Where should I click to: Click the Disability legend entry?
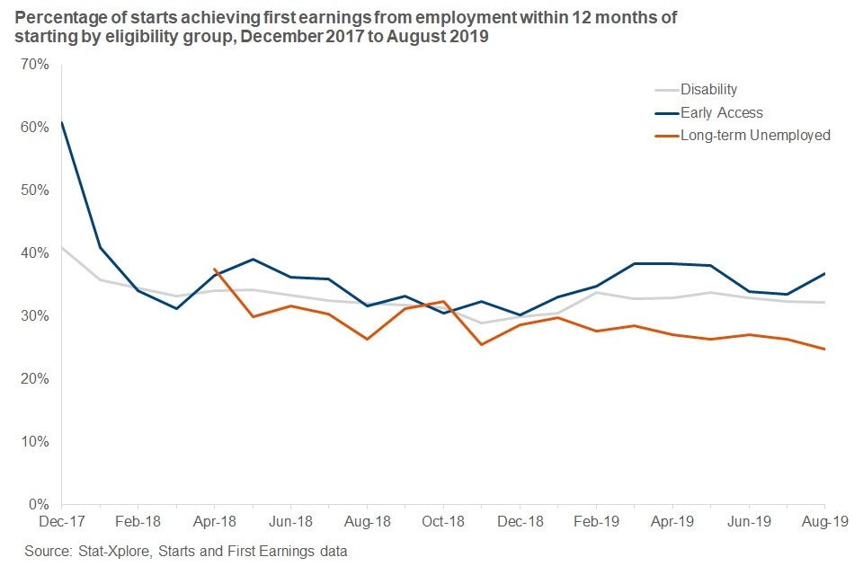708,89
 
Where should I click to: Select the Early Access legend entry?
721,112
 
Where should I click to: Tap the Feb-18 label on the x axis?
138,521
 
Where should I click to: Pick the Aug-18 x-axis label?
367,521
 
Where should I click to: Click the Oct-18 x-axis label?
443,521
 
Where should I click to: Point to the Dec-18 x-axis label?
520,521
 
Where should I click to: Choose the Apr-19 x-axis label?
672,521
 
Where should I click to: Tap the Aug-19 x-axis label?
824,521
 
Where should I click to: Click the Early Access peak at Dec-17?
62,121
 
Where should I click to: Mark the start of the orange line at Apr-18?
214,269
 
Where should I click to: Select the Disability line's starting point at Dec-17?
62,247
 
